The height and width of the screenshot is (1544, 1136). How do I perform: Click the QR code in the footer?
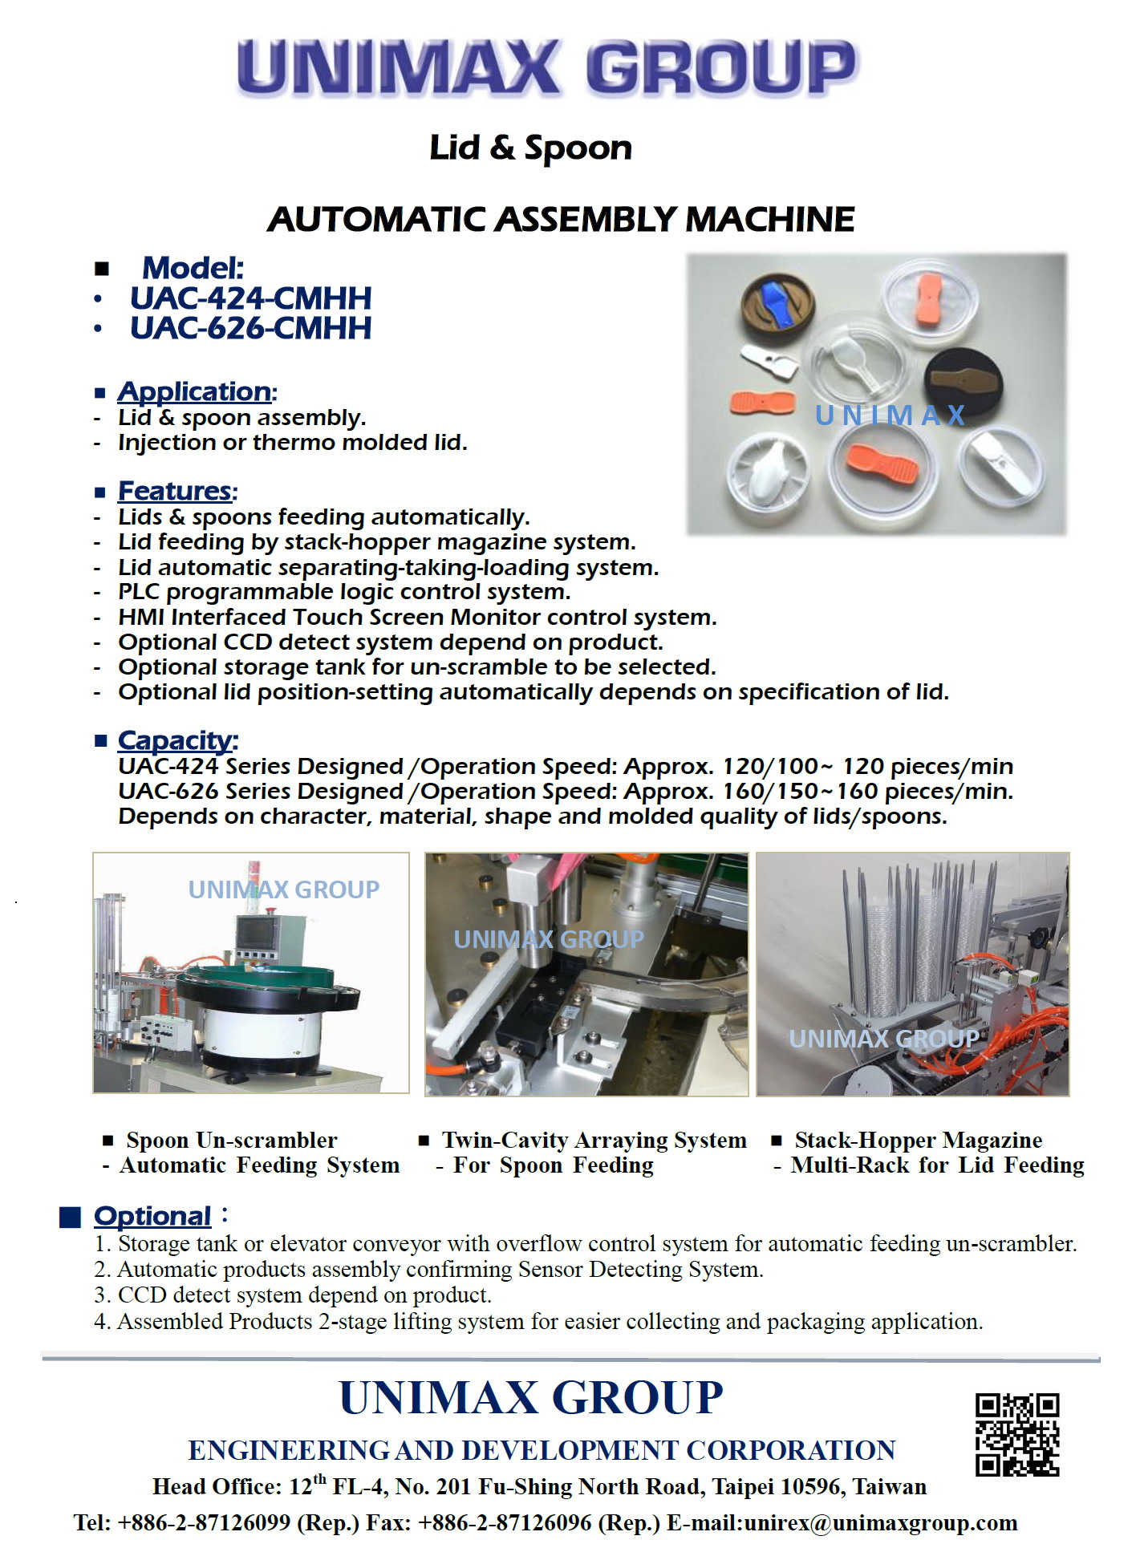coord(1016,1434)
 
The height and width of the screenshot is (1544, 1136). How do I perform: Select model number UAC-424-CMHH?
coord(250,298)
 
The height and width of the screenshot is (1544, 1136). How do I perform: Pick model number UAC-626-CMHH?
coord(250,328)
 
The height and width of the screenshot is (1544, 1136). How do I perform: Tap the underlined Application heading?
coord(194,391)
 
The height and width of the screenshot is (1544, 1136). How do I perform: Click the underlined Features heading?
coord(175,491)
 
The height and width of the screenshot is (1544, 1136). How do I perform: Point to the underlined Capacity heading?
coord(175,740)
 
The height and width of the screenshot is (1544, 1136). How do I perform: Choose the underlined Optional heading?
coord(152,1216)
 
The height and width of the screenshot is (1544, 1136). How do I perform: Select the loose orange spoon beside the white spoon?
coord(762,401)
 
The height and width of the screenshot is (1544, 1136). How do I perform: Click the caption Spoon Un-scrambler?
coord(231,1140)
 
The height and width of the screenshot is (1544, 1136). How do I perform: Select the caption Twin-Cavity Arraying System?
coord(594,1140)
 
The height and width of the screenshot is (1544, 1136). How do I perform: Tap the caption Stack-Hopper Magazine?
coord(918,1140)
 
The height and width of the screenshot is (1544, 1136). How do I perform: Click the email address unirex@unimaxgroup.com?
coord(880,1522)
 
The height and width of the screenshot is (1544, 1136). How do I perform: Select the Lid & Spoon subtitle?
coord(530,148)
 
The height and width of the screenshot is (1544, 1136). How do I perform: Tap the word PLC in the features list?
coord(140,592)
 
